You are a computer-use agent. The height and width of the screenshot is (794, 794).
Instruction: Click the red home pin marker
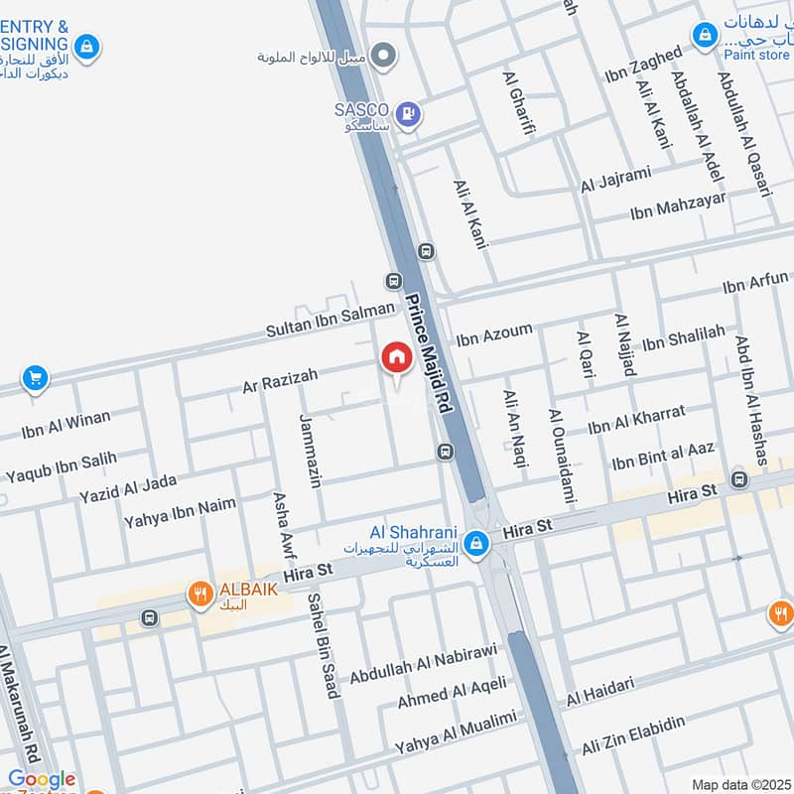(x=396, y=358)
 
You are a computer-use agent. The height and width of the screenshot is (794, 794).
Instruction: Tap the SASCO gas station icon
(x=407, y=115)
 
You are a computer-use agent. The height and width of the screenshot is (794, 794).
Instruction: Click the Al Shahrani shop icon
(x=477, y=543)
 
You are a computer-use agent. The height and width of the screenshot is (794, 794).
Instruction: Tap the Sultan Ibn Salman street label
(x=330, y=320)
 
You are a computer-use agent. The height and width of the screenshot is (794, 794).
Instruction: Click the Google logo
(x=42, y=780)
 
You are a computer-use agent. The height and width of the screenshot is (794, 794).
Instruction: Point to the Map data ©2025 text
(x=739, y=784)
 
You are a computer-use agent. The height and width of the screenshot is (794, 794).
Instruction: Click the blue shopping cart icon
(x=36, y=378)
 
